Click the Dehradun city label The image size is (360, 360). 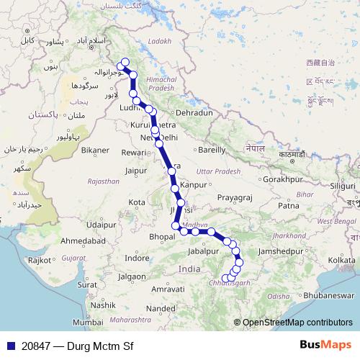point(195,114)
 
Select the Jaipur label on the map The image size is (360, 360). point(136,171)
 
